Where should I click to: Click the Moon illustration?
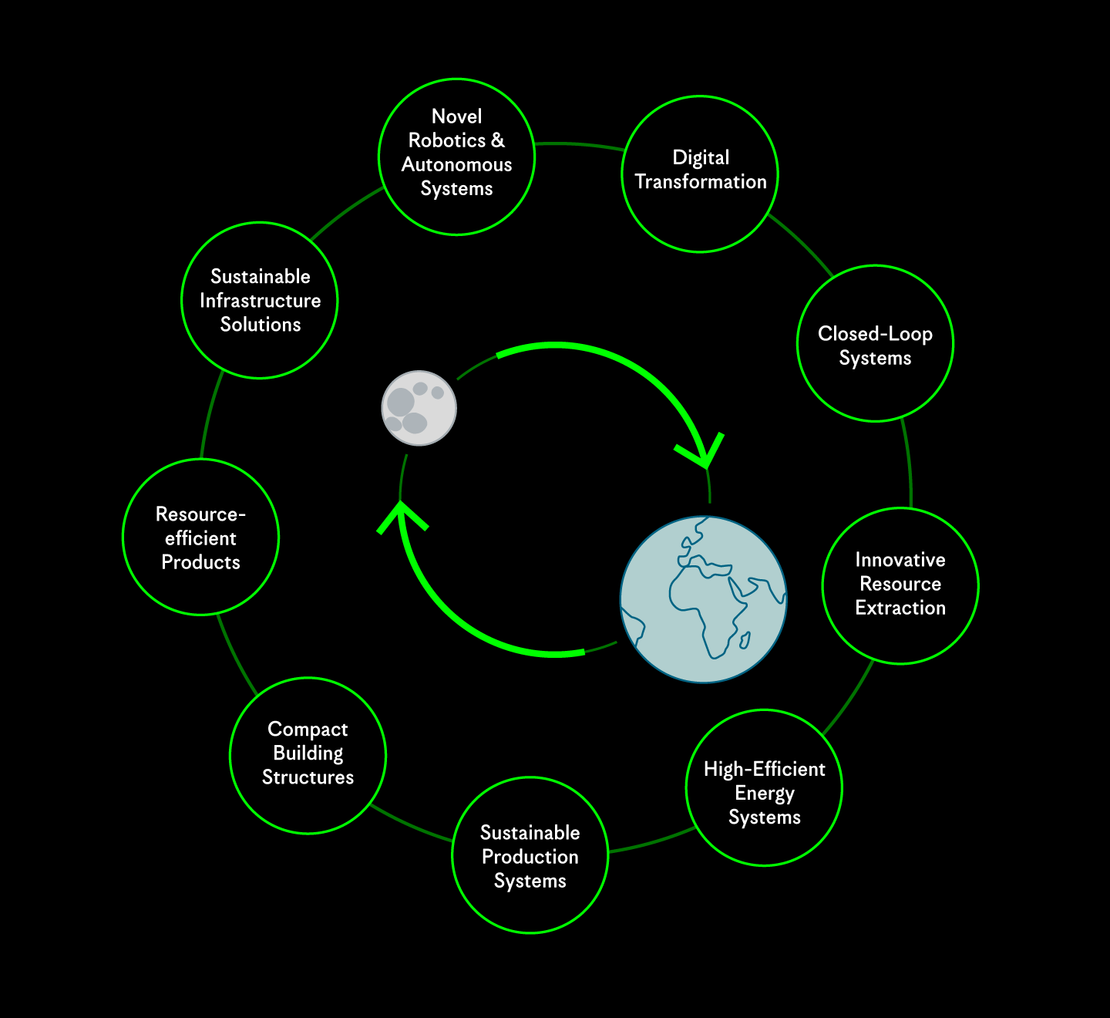click(x=419, y=408)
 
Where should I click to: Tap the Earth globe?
click(x=703, y=599)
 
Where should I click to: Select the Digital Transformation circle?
click(x=700, y=174)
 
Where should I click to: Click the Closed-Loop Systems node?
click(x=875, y=344)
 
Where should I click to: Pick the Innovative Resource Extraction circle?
click(x=900, y=585)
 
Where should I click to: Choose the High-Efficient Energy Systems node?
click(x=764, y=787)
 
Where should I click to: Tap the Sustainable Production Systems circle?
click(x=530, y=855)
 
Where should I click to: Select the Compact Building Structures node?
click(x=308, y=755)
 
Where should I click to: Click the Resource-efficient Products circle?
click(x=200, y=537)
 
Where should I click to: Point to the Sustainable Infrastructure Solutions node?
click(x=260, y=300)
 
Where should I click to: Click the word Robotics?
click(x=447, y=140)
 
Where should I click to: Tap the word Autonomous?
click(x=457, y=164)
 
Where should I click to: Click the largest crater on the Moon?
click(x=401, y=402)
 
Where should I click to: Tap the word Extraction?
click(x=900, y=608)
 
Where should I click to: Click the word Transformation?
click(x=701, y=182)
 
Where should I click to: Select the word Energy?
click(x=765, y=793)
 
